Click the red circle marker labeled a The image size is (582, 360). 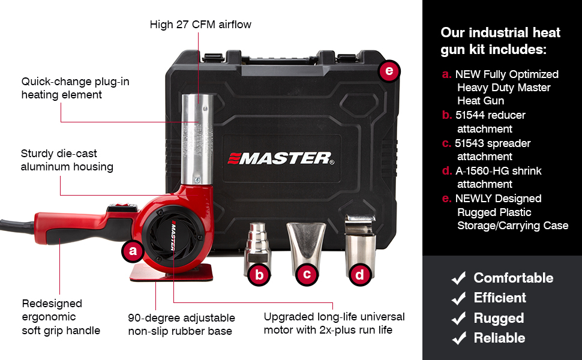(133, 251)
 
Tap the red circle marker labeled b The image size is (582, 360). (259, 275)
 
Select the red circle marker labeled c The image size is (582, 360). (307, 274)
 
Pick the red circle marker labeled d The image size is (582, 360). (359, 275)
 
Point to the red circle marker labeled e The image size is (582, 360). (389, 71)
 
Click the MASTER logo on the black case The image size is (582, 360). (281, 158)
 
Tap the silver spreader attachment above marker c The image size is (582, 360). (306, 243)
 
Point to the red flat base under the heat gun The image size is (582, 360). (172, 272)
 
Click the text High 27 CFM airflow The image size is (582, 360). (200, 25)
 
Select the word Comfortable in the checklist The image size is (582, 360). (514, 278)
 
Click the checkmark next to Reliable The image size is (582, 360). (459, 338)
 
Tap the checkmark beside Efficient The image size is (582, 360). (459, 298)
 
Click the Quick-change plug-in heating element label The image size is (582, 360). (76, 88)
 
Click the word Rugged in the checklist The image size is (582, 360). (499, 318)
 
